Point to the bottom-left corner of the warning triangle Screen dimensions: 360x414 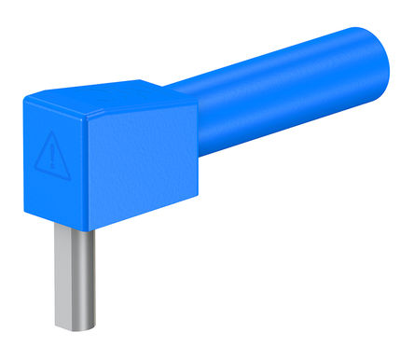[35, 169]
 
